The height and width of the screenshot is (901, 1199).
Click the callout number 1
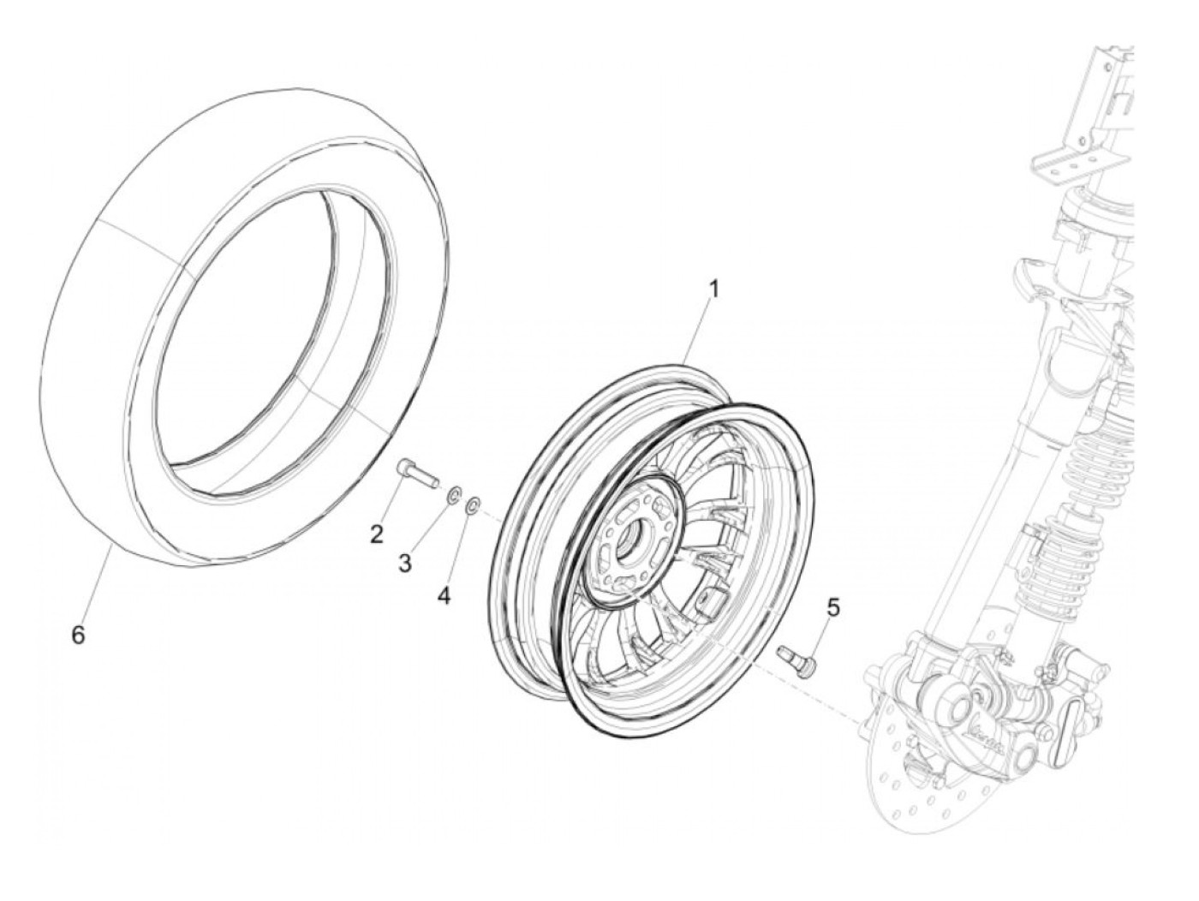(713, 289)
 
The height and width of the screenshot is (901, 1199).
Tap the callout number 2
(377, 534)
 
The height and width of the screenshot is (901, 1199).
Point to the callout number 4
(444, 595)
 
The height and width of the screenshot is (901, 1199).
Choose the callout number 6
(78, 635)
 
